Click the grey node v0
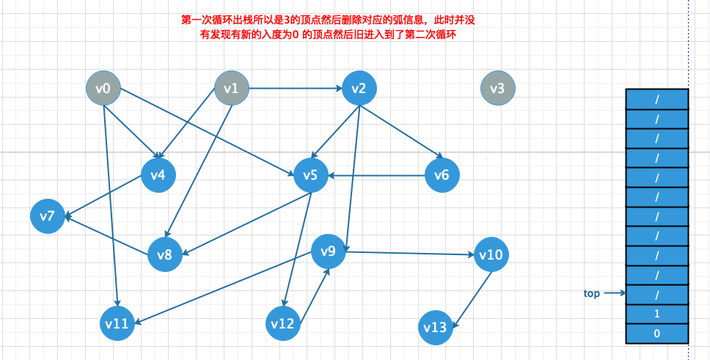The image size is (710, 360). (x=103, y=89)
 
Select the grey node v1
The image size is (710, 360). (x=232, y=89)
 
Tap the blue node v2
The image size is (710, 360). (x=359, y=89)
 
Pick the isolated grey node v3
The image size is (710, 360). (x=497, y=89)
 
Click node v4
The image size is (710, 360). (x=158, y=175)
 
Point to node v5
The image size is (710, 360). (x=310, y=176)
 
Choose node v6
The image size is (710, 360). (x=442, y=175)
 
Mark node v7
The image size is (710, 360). (x=48, y=216)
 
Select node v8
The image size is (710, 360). (x=165, y=255)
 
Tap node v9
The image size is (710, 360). (x=329, y=251)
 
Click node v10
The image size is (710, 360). (x=490, y=255)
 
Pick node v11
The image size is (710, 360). (x=117, y=323)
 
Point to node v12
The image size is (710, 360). (x=282, y=323)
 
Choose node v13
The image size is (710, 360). (x=436, y=327)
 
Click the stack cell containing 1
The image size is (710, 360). (x=656, y=314)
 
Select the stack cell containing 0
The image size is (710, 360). (x=656, y=334)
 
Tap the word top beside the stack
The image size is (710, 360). (x=592, y=293)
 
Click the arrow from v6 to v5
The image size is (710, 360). (x=378, y=176)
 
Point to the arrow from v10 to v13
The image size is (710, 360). (x=472, y=298)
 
